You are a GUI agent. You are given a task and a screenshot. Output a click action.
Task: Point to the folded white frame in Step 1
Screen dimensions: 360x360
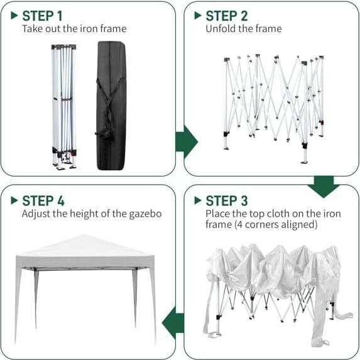63,104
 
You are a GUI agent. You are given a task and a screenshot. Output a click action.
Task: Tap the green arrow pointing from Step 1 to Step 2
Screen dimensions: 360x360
186,139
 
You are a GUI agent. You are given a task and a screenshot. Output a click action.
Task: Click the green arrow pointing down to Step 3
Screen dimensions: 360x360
324,186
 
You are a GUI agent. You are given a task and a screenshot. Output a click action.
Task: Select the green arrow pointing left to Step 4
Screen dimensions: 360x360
173,324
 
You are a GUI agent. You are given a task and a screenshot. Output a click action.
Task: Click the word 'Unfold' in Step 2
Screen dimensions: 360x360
220,29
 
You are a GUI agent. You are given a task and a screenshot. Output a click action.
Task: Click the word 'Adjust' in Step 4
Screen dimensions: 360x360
36,214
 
